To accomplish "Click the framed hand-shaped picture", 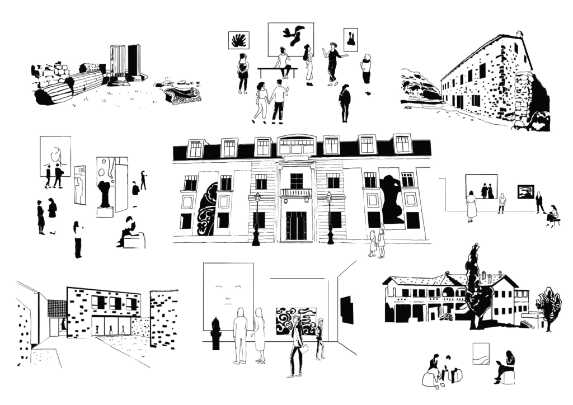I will point(239,40).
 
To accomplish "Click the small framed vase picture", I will point(350,39).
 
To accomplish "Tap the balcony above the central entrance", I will point(296,192).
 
